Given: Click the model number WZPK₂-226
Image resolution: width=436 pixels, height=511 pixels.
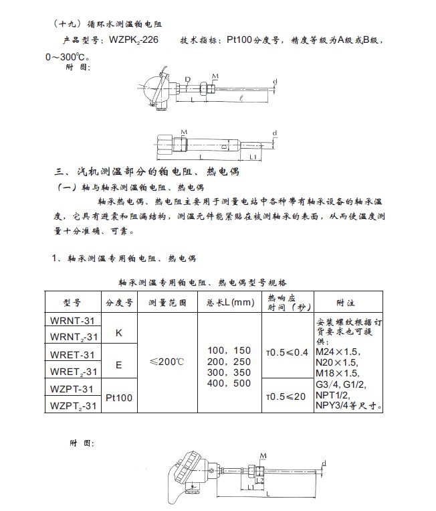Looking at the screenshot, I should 133,42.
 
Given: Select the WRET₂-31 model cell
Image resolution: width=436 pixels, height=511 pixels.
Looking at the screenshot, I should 72,370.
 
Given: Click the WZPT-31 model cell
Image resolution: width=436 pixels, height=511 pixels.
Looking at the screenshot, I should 72,388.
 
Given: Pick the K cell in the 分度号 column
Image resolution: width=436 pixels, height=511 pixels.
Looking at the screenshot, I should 118,333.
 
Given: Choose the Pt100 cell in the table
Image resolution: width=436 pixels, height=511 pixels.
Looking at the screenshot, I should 120,397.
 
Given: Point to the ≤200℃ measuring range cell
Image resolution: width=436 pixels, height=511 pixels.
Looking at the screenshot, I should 167,361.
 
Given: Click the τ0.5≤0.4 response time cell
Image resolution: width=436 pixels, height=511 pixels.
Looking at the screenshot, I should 288,351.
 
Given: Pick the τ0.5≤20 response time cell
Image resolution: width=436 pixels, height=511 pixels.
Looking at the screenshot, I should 288,396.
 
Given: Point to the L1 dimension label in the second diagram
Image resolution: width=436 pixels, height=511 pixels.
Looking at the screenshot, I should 254,157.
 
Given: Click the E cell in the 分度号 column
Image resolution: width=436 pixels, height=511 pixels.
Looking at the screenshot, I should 118,365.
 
